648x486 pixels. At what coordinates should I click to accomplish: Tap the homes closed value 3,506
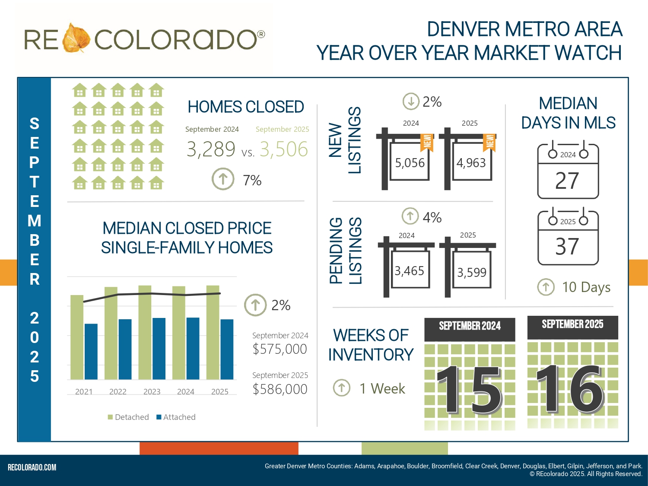coord(283,149)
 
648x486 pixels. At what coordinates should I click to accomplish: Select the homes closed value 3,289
coord(211,149)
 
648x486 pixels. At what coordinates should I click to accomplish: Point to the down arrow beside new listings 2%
coord(411,102)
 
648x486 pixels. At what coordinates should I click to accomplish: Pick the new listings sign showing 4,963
coord(471,162)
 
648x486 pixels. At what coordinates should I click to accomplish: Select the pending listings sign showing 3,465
coord(410,271)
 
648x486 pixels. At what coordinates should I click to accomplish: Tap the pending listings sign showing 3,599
coord(472,272)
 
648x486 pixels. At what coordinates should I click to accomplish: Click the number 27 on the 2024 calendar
coord(567,181)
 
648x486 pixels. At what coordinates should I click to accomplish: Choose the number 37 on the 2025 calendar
coord(567,247)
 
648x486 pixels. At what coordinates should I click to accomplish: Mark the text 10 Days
coord(586,287)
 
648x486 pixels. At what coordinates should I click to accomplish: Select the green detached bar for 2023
coord(145,332)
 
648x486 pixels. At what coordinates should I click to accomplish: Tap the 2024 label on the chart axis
coord(186,391)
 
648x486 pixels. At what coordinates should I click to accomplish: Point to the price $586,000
coord(280,389)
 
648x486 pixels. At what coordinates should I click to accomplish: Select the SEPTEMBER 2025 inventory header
coord(572,324)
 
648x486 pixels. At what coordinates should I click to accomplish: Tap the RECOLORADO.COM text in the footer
coord(32,467)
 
